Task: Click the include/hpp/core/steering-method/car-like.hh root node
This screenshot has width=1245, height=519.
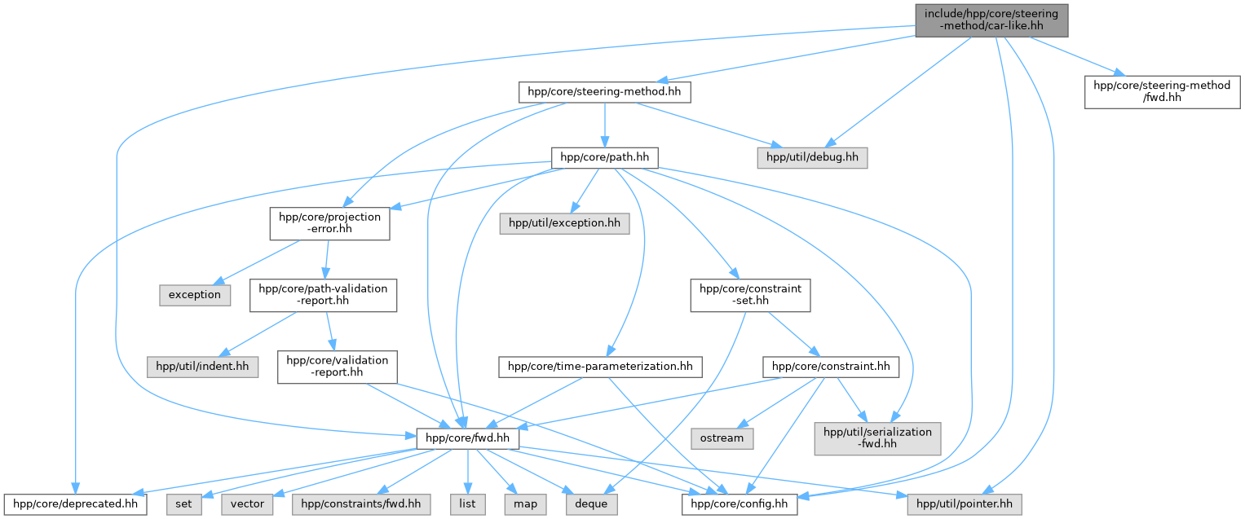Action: pyautogui.click(x=991, y=20)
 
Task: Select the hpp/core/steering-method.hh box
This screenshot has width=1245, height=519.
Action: pyautogui.click(x=605, y=92)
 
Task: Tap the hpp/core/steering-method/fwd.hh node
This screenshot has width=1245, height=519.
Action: pyautogui.click(x=1162, y=92)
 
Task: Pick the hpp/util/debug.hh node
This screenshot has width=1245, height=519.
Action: pyautogui.click(x=812, y=158)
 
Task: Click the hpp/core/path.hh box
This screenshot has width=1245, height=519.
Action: pyautogui.click(x=605, y=158)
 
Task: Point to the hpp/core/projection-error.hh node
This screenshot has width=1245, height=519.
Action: pyautogui.click(x=329, y=223)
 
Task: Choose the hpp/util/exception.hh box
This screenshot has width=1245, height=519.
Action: pyautogui.click(x=565, y=223)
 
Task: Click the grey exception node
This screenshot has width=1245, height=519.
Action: pyautogui.click(x=195, y=295)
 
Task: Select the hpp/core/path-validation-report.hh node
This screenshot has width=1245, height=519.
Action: pyautogui.click(x=323, y=295)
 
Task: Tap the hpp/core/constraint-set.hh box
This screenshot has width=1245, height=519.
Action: pyautogui.click(x=750, y=295)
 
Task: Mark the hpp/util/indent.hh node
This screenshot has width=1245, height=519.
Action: pyautogui.click(x=202, y=367)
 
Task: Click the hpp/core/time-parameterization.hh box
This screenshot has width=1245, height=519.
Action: pyautogui.click(x=600, y=367)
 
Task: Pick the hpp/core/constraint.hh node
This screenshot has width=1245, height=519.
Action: pyautogui.click(x=831, y=367)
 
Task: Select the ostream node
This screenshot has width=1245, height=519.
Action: pyautogui.click(x=722, y=438)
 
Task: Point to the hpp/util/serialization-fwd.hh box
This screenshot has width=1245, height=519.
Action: pyautogui.click(x=877, y=438)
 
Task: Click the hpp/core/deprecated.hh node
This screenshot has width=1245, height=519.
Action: pyautogui.click(x=76, y=504)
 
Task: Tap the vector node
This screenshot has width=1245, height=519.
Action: pyautogui.click(x=247, y=504)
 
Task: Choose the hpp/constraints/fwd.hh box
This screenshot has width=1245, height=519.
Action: pyautogui.click(x=360, y=504)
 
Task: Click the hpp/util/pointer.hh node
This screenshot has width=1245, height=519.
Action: pyautogui.click(x=965, y=504)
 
